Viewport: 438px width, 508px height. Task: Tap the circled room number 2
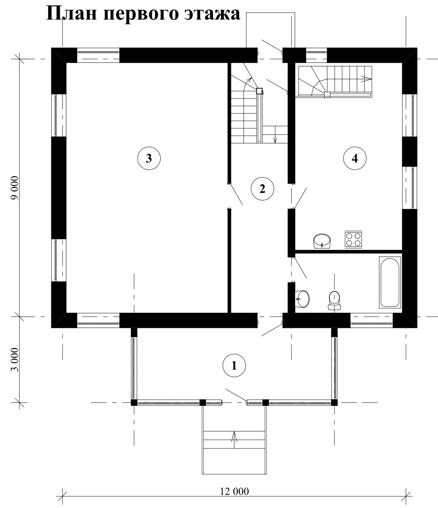(262, 189)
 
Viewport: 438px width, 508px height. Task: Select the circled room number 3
(149, 158)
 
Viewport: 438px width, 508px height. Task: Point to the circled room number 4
(355, 158)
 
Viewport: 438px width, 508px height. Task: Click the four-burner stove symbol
(353, 240)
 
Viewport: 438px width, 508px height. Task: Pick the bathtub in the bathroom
(390, 282)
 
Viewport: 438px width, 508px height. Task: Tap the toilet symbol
(334, 300)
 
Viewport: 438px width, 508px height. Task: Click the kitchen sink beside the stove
(322, 241)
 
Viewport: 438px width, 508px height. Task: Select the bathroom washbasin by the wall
(302, 299)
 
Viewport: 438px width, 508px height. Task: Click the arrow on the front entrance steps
(234, 439)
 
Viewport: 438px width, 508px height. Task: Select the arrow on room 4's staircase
(366, 78)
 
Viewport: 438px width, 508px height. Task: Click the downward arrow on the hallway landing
(275, 135)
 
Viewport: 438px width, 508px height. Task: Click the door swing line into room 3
(235, 194)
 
